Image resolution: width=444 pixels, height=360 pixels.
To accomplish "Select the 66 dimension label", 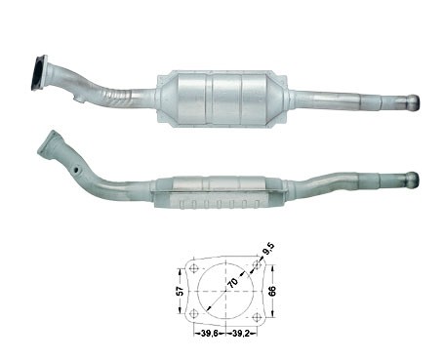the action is coord(272,291).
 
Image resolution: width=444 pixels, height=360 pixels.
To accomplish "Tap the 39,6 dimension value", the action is coord(210,333).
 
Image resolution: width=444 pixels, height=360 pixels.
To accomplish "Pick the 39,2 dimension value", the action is coord(241,333).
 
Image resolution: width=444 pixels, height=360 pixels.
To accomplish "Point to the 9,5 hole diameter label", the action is coord(268,250).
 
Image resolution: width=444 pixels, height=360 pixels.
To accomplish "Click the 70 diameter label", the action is coord(232,283).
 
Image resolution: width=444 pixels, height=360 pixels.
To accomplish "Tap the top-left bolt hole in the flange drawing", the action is coord(194,268).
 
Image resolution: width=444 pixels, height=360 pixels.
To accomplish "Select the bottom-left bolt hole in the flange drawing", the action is coord(194,313).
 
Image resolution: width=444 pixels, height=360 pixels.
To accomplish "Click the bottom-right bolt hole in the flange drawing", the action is coord(257,317).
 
